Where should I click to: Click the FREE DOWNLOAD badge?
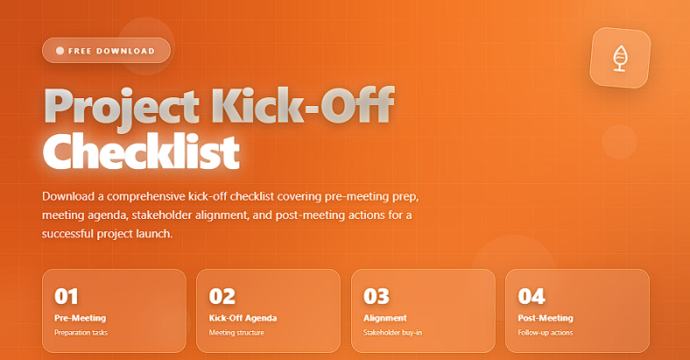click(106, 51)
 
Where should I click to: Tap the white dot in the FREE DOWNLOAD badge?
click(60, 51)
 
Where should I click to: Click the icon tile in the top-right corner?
click(620, 58)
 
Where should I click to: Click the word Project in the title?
click(122, 107)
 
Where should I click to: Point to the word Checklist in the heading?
click(141, 152)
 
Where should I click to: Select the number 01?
click(66, 296)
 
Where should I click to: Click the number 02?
click(222, 296)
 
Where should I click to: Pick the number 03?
click(377, 296)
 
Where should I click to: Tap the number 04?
click(532, 296)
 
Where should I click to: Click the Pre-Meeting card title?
click(80, 318)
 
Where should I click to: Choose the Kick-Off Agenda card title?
click(243, 318)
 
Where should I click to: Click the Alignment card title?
click(385, 318)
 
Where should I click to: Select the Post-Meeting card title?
click(546, 318)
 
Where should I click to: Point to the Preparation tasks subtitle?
click(81, 333)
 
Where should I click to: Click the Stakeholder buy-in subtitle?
click(392, 333)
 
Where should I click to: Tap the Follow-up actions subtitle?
click(546, 333)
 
